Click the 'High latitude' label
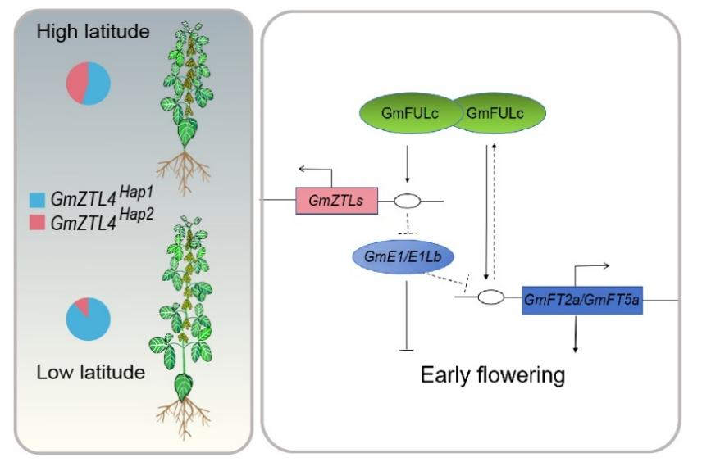[93, 32]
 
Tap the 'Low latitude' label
[91, 372]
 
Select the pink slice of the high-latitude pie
[76, 82]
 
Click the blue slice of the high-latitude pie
[98, 84]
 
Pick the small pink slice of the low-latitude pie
[83, 305]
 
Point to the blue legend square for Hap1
[37, 200]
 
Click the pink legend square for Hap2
[37, 222]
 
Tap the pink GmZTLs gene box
[337, 201]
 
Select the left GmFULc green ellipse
[410, 113]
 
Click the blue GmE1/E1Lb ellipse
[403, 256]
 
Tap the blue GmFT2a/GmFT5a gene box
[582, 300]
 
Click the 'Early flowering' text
[493, 375]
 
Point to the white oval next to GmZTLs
[408, 202]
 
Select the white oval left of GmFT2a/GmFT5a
[491, 297]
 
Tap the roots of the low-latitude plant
[184, 418]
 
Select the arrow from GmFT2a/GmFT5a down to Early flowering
[576, 333]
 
